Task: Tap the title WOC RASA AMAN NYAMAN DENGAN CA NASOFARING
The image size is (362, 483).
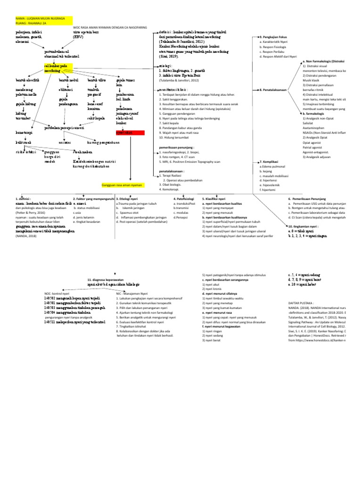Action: point(110,28)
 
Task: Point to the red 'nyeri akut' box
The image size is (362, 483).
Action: point(124,133)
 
